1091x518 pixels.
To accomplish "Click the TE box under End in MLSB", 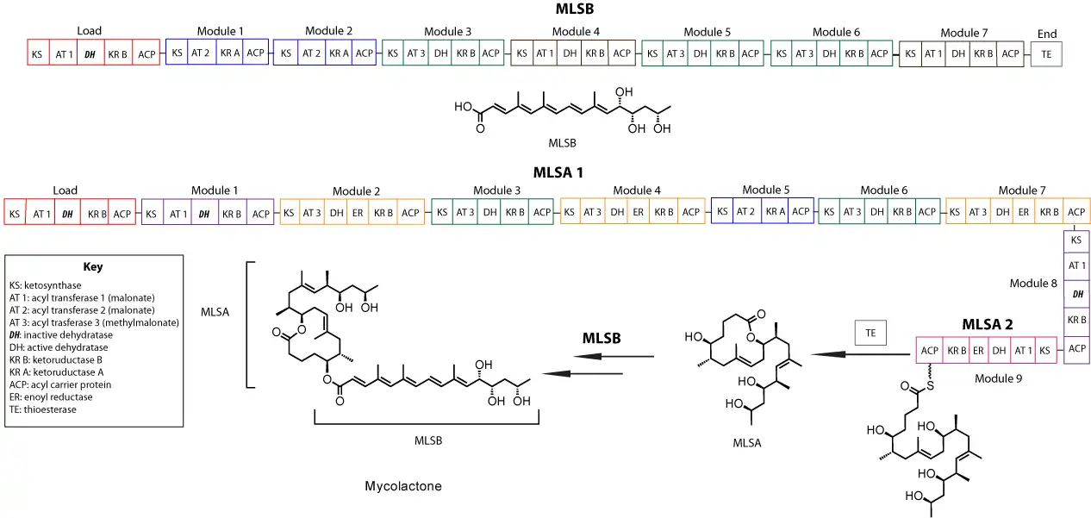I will tap(1047, 53).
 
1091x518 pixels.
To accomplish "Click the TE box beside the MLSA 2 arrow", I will tap(870, 333).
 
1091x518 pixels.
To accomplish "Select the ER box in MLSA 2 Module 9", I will tap(978, 352).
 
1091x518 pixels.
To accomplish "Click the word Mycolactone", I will tap(403, 486).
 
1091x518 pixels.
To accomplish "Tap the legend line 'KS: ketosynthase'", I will tap(49, 284).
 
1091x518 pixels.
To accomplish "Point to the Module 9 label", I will tap(998, 378).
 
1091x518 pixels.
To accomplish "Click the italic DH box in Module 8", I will tap(1077, 294).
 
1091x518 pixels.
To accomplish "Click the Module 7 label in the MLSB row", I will tap(963, 34).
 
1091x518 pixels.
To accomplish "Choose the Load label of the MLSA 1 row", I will tap(65, 190).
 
